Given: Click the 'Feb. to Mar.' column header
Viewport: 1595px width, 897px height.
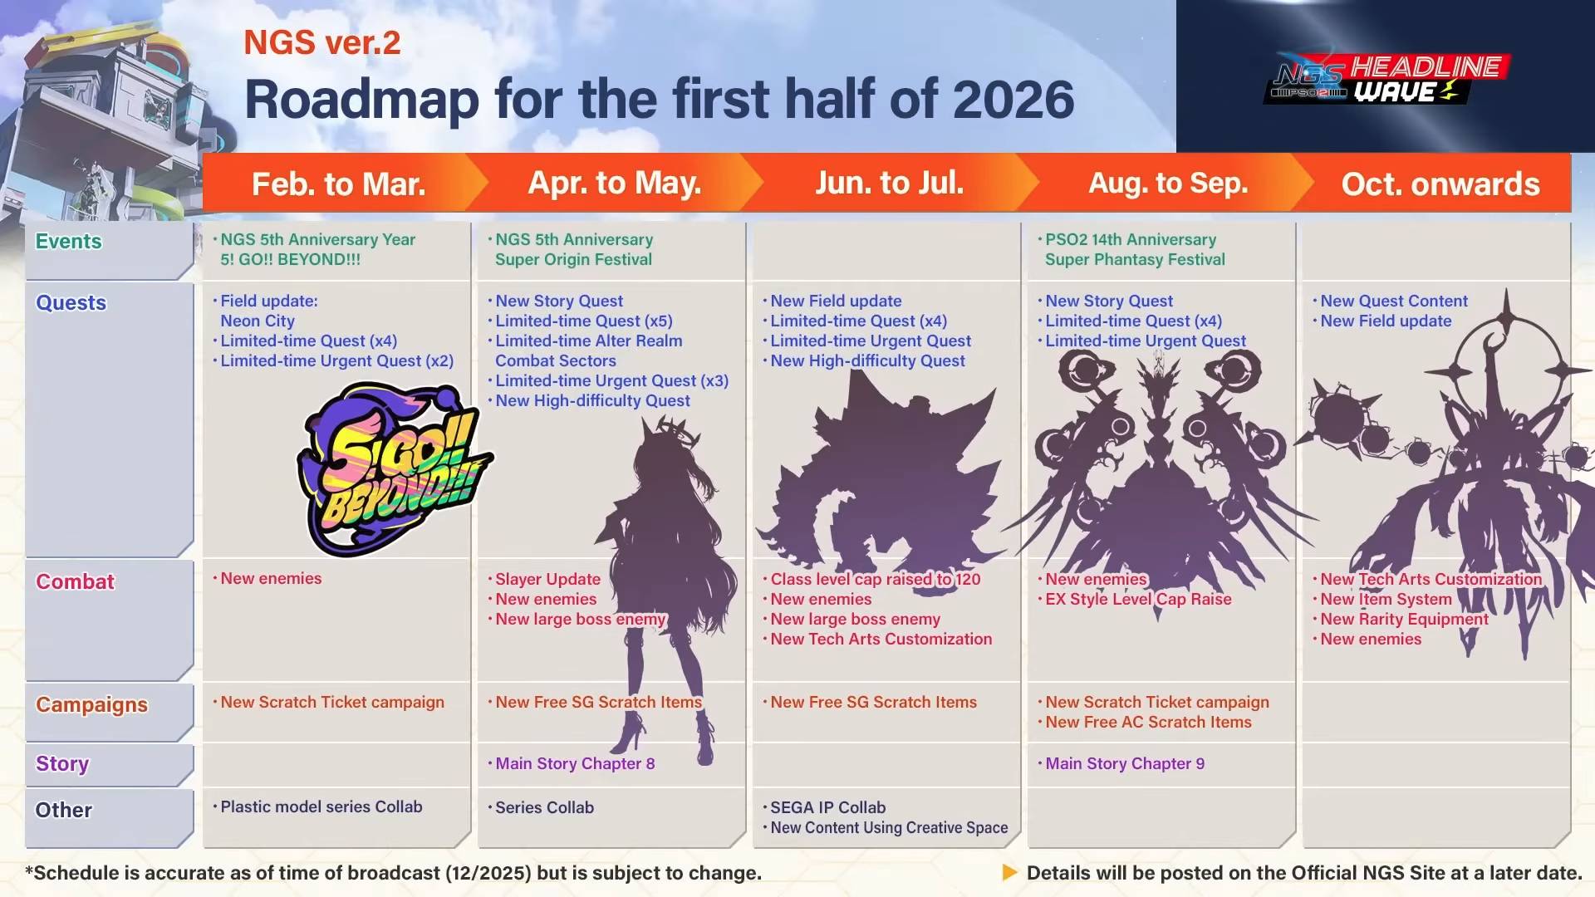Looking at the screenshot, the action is coord(339,184).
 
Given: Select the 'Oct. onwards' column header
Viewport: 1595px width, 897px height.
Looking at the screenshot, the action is coord(1440,184).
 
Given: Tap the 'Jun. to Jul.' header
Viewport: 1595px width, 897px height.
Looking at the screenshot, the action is coord(889,183).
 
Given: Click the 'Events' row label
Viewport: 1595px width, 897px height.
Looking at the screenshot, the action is coord(68,242).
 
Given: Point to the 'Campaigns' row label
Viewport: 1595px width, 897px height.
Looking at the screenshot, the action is coord(91,705).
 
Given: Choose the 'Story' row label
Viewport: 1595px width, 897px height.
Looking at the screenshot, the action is coord(62,764).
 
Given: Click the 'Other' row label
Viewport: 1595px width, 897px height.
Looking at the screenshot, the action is coord(63,810).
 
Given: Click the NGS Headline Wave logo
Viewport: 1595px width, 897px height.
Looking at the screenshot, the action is coord(1386,80).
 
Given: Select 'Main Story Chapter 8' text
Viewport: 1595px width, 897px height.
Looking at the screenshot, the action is coord(575,763).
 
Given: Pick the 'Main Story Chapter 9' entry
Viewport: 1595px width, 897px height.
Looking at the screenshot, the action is coord(1125,763).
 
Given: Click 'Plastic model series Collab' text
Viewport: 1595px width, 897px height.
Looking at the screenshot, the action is coord(321,806).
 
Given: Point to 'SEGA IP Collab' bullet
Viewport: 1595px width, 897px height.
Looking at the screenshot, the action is coord(827,807).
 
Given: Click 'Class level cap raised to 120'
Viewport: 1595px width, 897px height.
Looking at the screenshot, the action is coord(876,579).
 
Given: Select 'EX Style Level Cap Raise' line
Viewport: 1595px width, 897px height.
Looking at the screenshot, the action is coord(1138,599).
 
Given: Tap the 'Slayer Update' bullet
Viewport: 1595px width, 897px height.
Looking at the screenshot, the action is coord(547,579).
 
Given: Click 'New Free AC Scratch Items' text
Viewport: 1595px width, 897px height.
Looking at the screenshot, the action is coord(1148,722).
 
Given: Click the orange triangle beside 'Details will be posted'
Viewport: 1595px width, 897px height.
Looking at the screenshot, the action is coord(1009,873).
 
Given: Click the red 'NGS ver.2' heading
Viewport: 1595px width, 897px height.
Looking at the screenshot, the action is coord(322,42).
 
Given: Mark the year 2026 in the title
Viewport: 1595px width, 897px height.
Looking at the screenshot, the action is coord(1013,99).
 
